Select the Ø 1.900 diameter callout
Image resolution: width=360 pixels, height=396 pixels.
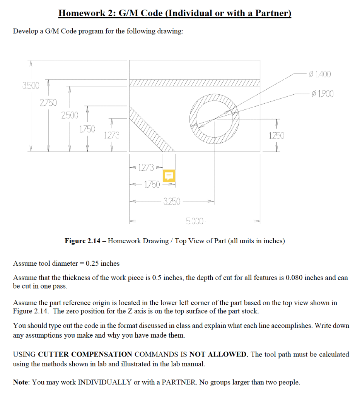(322, 94)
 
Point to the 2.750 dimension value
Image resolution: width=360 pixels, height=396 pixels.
(48, 102)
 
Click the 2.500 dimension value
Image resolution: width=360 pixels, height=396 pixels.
(70, 115)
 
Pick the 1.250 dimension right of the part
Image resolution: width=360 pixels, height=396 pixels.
(276, 135)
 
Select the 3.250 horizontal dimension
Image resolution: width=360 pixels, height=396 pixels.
(172, 201)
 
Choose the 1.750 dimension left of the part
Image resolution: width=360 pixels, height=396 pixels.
(88, 129)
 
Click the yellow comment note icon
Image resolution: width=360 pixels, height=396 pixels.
(169, 176)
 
